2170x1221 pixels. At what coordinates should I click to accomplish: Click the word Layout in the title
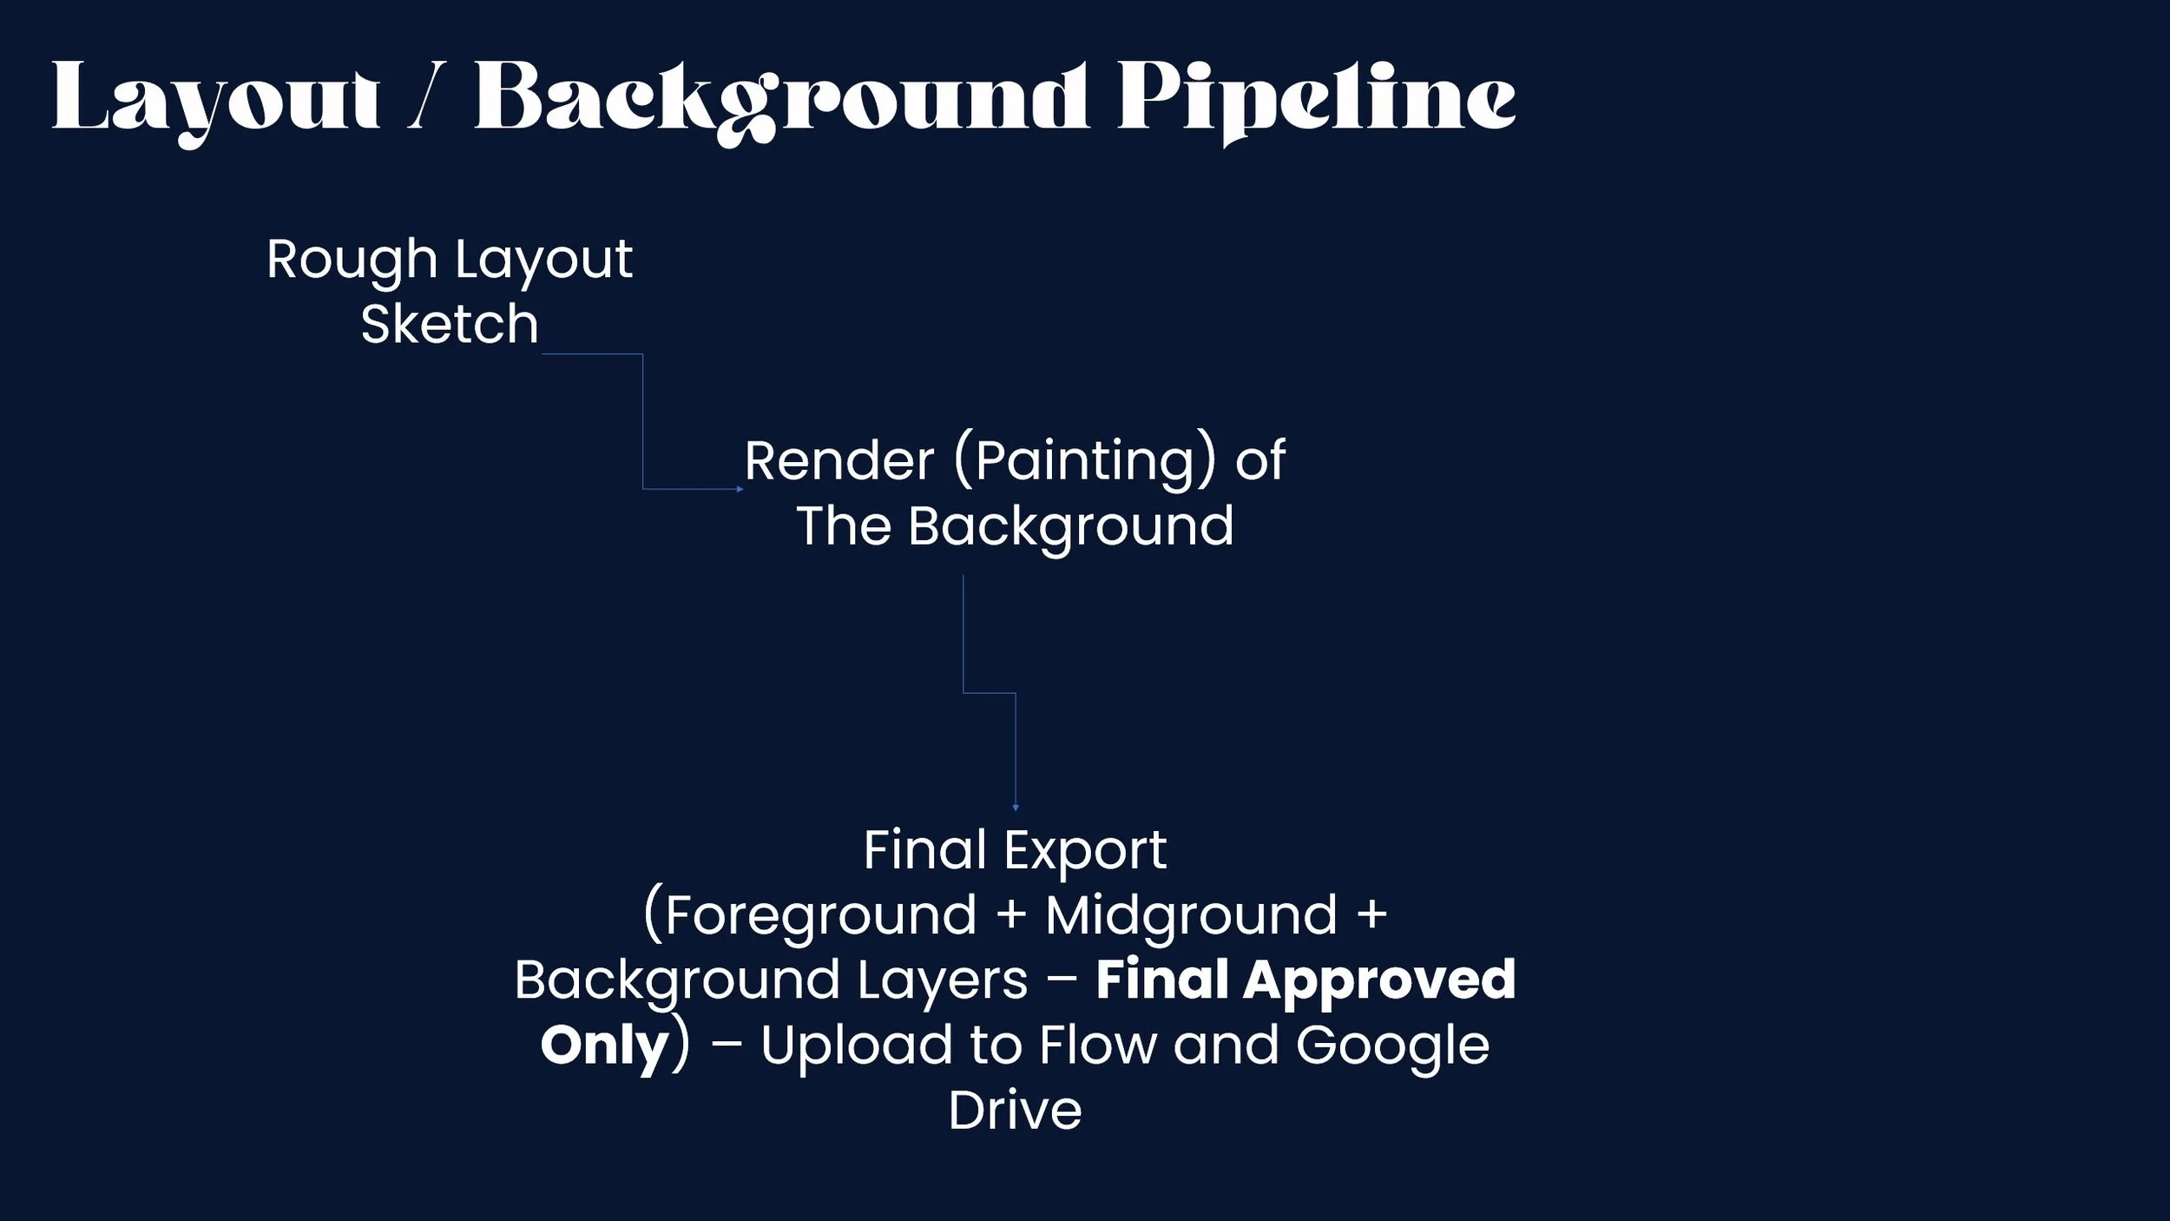tap(215, 98)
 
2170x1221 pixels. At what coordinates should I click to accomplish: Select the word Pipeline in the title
tap(1316, 98)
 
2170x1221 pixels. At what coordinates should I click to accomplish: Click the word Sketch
tap(450, 324)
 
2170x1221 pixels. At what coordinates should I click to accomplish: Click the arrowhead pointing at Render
tap(740, 489)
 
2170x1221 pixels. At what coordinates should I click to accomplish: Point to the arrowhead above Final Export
tap(1016, 808)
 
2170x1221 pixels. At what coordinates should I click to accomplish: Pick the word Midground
tap(1191, 915)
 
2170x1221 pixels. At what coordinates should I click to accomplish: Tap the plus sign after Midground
tap(1371, 915)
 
